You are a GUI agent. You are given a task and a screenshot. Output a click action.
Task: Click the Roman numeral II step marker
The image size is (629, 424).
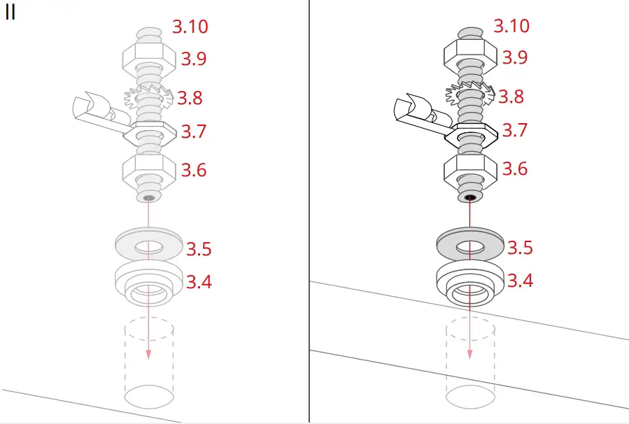(x=10, y=13)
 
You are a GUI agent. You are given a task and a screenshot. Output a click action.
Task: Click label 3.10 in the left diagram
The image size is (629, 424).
(x=190, y=27)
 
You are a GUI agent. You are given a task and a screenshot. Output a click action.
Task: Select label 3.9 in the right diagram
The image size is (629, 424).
(x=514, y=57)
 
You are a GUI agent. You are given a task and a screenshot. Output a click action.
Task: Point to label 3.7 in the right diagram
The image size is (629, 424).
(x=514, y=130)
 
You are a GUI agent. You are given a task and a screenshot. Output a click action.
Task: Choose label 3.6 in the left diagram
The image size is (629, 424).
(x=194, y=170)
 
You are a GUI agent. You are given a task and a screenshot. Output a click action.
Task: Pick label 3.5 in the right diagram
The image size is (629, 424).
(x=520, y=248)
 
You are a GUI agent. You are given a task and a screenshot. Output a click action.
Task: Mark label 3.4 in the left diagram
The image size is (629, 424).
(x=199, y=283)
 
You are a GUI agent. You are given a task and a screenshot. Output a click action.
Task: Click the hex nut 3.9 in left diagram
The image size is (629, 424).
(x=148, y=56)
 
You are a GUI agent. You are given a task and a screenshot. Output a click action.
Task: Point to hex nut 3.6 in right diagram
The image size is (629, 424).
(x=469, y=170)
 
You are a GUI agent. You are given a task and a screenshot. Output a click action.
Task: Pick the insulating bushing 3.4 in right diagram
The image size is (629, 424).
(x=469, y=283)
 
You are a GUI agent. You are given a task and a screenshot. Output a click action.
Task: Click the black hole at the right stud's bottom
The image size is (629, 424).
(x=469, y=198)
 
